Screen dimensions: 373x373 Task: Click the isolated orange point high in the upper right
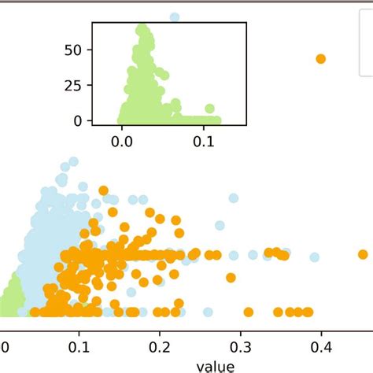320,59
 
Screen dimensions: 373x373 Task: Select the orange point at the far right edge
363,253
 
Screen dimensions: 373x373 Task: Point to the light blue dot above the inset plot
175,17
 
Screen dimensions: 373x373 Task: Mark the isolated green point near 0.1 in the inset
209,109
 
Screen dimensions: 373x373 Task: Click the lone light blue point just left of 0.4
314,257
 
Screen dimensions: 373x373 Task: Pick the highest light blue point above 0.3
233,198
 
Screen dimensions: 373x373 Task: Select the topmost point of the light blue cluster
73,162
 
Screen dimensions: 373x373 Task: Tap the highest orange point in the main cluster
103,190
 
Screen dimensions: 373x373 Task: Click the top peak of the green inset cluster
142,30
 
